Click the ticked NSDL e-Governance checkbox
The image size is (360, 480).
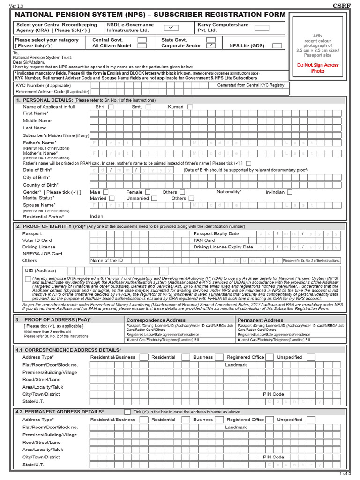tap(171, 27)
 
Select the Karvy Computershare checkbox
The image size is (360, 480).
tap(262, 27)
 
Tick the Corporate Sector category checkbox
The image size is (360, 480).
tap(211, 45)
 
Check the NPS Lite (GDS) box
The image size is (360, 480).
tap(277, 45)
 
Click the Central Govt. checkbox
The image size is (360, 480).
tap(142, 40)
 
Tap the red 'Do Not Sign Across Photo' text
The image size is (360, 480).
tap(317, 68)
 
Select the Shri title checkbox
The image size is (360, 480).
tap(111, 107)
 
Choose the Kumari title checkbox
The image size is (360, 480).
tap(190, 107)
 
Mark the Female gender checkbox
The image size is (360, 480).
tap(148, 192)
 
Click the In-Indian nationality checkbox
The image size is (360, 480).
tap(290, 192)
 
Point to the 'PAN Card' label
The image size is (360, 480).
tap(204, 240)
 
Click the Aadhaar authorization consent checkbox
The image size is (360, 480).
tap(28, 279)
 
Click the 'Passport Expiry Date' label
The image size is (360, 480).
tap(216, 233)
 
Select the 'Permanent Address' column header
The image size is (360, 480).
tap(260, 320)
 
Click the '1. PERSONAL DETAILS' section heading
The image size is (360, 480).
tap(44, 100)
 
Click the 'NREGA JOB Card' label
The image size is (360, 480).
tap(42, 254)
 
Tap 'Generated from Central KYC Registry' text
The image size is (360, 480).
tap(250, 85)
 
